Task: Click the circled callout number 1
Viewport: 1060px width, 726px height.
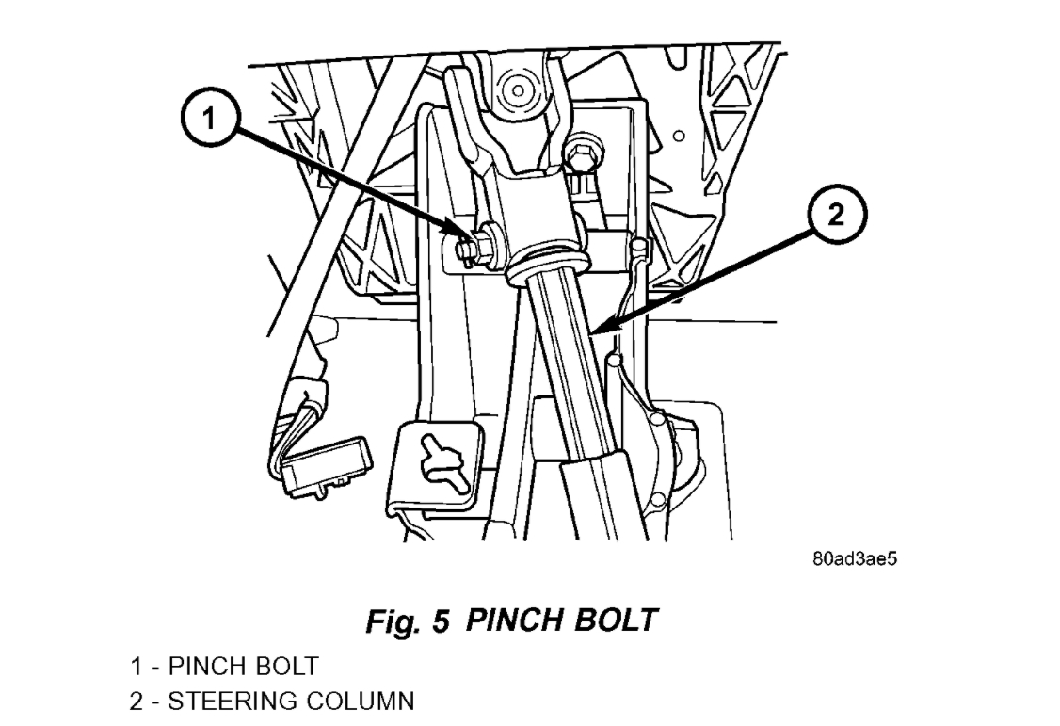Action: point(212,119)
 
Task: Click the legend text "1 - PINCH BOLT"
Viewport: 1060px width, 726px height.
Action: point(224,667)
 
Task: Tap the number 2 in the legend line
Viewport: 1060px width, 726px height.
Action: point(137,702)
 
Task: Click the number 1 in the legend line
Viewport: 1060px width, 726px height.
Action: point(137,667)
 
